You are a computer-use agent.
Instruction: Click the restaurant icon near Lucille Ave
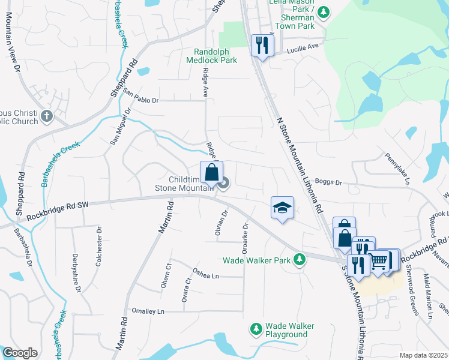tap(262, 45)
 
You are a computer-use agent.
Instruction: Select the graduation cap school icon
tap(282, 208)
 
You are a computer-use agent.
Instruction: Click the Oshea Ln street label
tap(205, 276)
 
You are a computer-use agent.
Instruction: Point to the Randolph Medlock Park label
tap(215, 55)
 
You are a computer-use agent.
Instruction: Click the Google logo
tap(20, 352)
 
